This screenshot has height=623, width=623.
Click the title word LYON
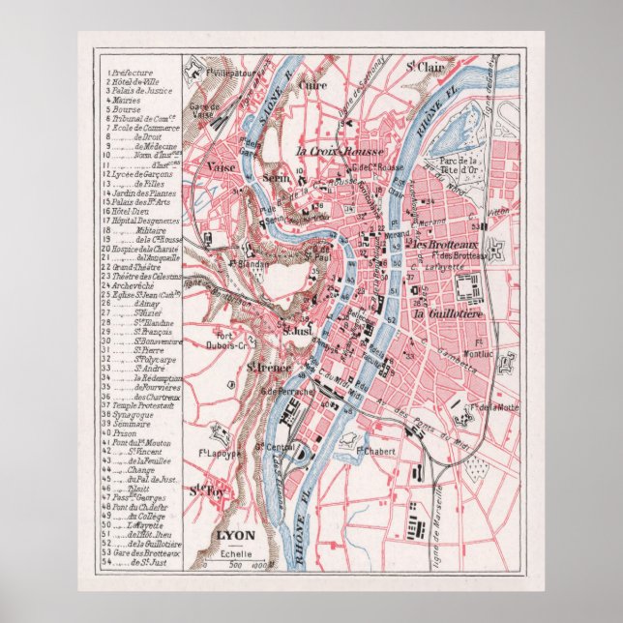tap(234, 533)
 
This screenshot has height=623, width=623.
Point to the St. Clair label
tap(424, 67)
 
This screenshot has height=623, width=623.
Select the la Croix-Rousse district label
tap(341, 152)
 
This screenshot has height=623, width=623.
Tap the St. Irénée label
tap(262, 368)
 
